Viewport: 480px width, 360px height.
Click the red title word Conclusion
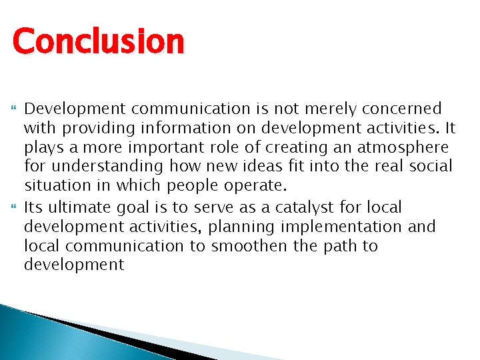[98, 41]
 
